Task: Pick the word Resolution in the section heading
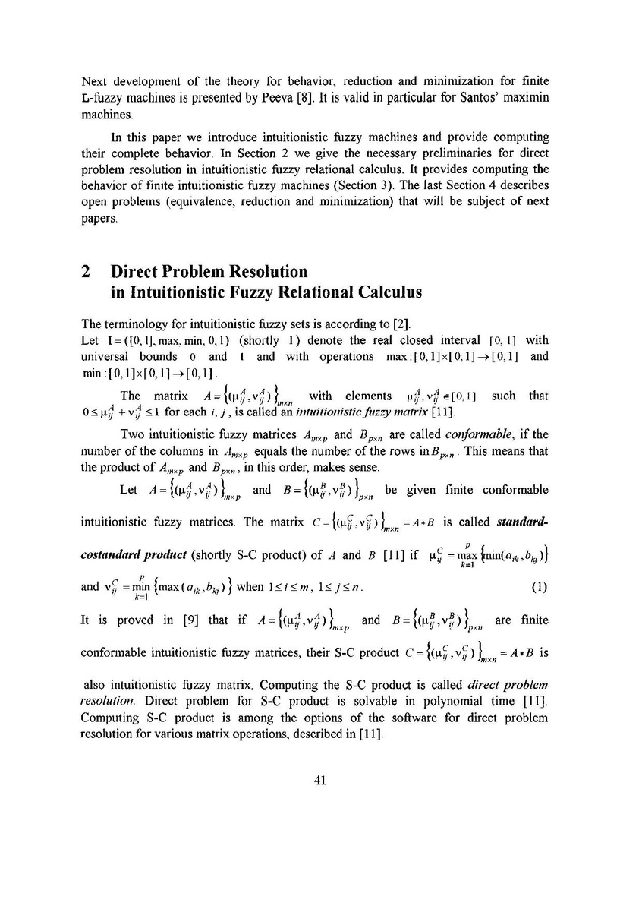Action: (x=260, y=271)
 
